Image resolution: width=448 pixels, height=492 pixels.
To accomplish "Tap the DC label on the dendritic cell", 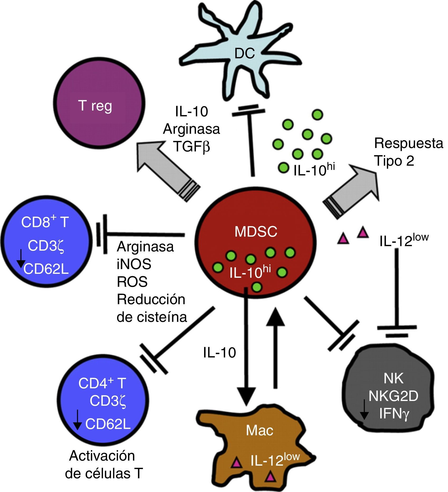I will [x=245, y=54].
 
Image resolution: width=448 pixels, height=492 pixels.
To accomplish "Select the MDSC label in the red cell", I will [x=256, y=232].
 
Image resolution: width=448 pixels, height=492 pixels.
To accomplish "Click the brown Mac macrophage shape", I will [x=260, y=438].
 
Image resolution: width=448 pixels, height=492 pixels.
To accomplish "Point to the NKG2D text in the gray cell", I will [x=393, y=396].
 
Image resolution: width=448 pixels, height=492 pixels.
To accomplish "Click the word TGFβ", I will [x=191, y=147].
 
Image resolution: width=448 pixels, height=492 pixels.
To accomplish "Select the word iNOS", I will [x=134, y=264].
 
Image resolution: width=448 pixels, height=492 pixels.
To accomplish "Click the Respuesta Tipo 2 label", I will [x=408, y=152].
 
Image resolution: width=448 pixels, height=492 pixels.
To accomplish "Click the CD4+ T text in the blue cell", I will [x=102, y=383].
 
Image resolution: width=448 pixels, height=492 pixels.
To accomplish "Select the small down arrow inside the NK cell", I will [x=364, y=409].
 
